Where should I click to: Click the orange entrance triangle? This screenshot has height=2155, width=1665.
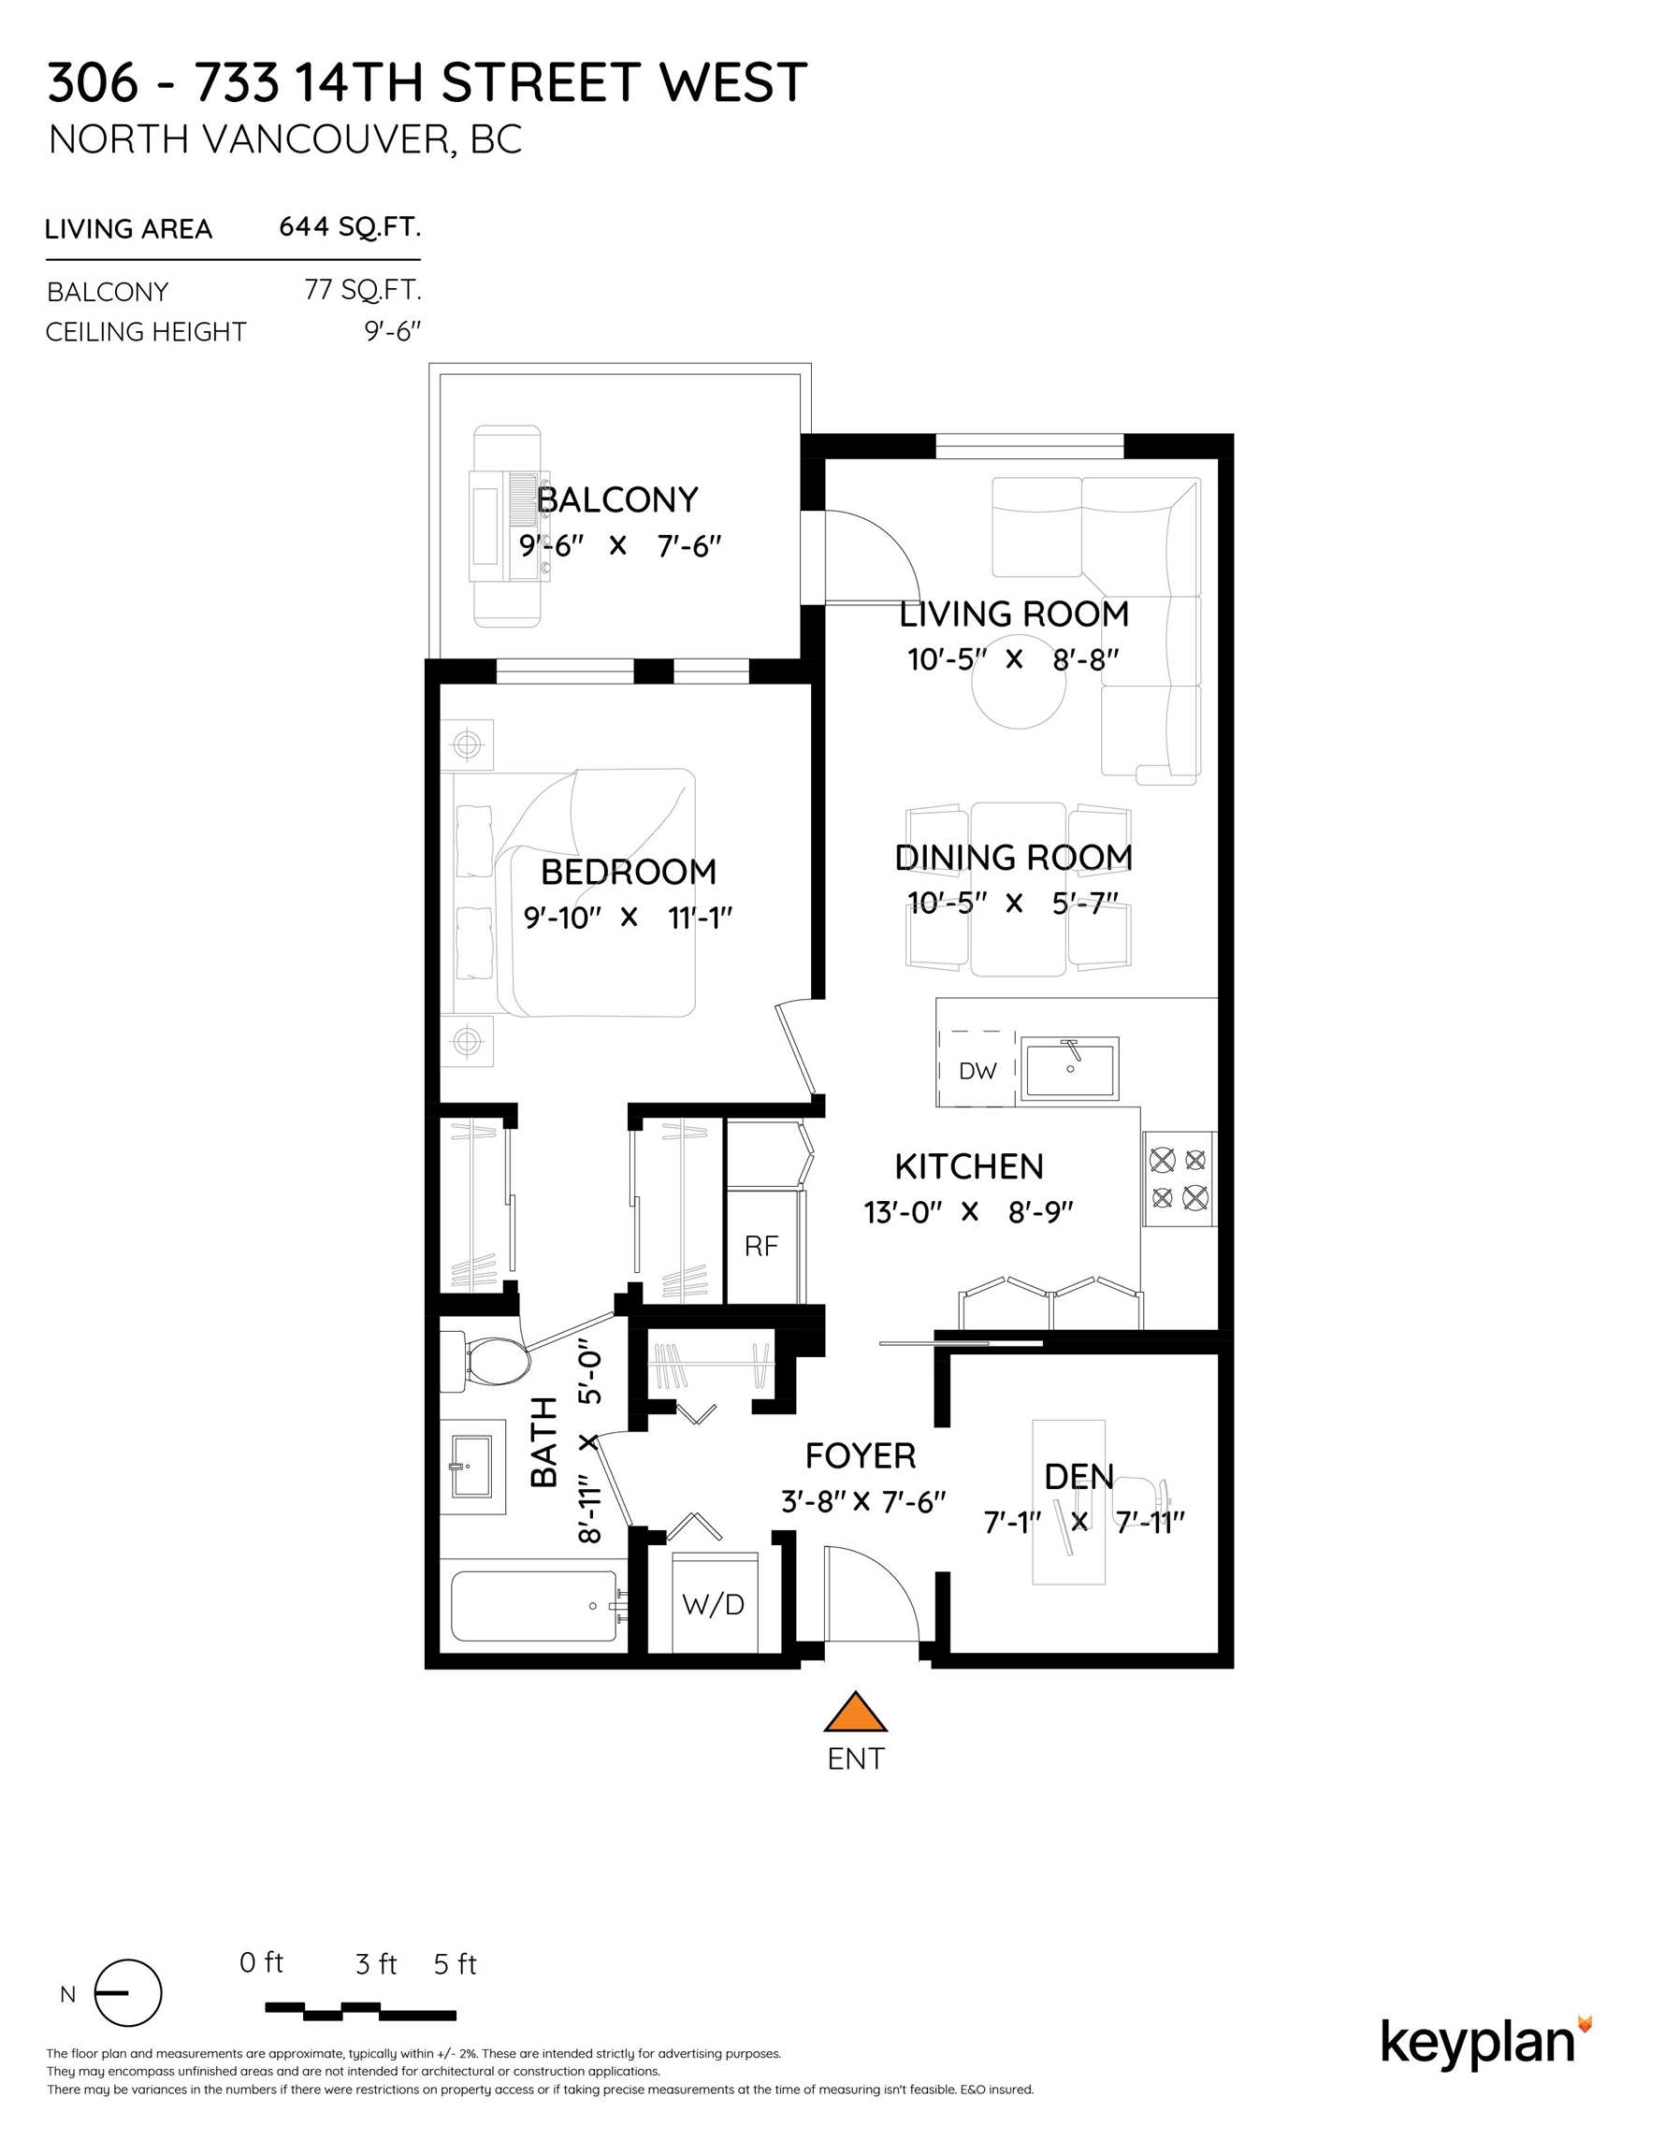(856, 1712)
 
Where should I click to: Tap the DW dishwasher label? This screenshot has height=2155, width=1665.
(977, 1071)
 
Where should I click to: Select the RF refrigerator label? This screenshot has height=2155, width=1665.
(761, 1246)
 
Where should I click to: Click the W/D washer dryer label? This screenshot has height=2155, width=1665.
(714, 1604)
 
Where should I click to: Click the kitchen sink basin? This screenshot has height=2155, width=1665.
(1070, 1067)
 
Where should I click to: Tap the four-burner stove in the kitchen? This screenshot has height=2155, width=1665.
(1180, 1179)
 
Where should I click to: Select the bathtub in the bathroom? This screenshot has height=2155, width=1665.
(535, 1606)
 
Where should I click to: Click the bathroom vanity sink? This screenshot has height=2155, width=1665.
(472, 1468)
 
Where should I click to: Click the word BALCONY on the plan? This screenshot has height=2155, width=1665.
(618, 499)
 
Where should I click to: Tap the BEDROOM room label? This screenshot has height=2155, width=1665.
(629, 872)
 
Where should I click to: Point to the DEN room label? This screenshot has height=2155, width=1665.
(1079, 1476)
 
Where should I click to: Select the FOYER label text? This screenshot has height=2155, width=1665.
(861, 1455)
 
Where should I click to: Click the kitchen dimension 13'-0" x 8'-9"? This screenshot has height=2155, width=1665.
(968, 1211)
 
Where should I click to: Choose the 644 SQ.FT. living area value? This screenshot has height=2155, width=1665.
(351, 227)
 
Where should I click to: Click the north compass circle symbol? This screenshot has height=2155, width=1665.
(127, 1993)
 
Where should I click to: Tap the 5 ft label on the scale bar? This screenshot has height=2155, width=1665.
(455, 1964)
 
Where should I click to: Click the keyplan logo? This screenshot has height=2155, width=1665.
(1486, 2042)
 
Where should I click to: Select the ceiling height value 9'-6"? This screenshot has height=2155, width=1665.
(393, 330)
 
